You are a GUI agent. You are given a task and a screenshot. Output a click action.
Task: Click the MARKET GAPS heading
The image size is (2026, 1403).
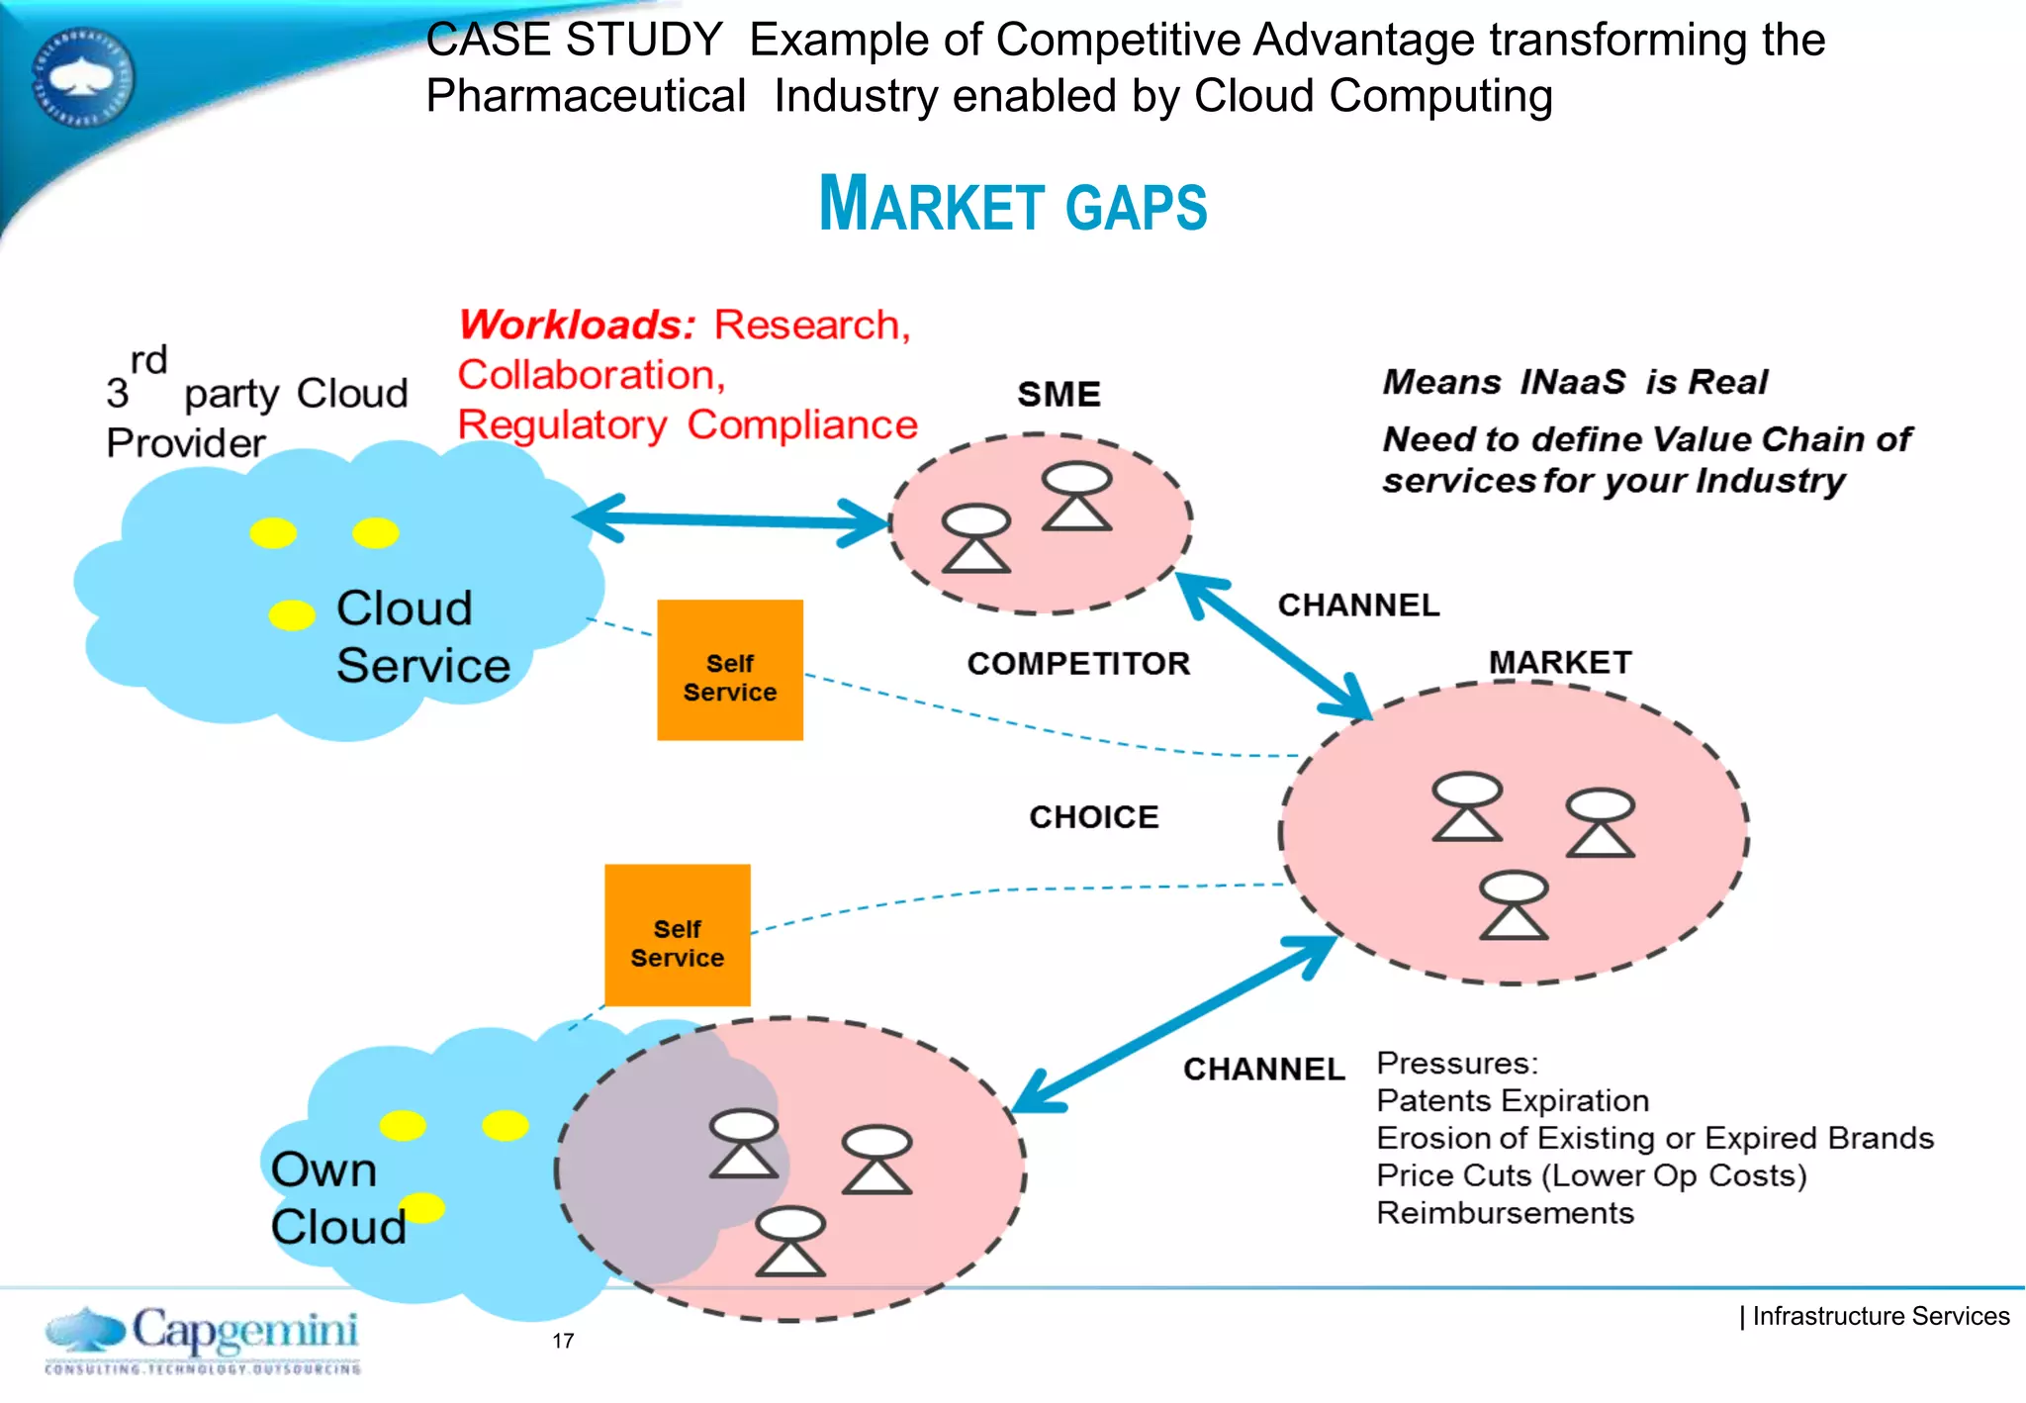(x=1013, y=205)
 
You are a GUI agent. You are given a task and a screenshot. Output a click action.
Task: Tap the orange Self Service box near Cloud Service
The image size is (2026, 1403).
(x=730, y=670)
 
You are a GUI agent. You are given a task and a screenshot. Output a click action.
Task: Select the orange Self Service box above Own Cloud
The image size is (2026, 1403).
(x=678, y=936)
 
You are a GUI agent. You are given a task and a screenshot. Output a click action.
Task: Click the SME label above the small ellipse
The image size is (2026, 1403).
(x=1059, y=395)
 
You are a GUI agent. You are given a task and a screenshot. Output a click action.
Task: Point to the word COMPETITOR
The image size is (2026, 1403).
(x=1078, y=664)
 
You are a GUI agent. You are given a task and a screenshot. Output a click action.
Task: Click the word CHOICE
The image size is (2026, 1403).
(x=1093, y=817)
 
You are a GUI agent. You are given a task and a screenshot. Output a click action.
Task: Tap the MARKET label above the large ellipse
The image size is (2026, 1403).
(x=1560, y=662)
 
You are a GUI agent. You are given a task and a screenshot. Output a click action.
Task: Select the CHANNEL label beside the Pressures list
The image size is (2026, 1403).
(x=1263, y=1070)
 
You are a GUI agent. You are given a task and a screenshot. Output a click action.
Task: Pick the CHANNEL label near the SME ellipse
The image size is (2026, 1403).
(x=1358, y=606)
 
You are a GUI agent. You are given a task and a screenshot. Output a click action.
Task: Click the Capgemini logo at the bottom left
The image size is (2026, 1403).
(x=203, y=1339)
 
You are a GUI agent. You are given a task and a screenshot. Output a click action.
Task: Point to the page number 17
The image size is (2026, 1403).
(x=563, y=1342)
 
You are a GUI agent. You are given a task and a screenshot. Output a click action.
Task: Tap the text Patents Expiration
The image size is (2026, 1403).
(x=1513, y=1101)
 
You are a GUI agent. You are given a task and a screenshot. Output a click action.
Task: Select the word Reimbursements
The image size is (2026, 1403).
(x=1505, y=1214)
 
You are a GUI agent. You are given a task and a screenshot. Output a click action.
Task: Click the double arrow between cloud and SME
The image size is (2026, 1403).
(x=732, y=520)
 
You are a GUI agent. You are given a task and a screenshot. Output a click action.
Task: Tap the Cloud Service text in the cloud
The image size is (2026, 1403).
(x=422, y=636)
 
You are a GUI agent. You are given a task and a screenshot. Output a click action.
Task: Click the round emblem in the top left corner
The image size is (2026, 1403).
(x=83, y=78)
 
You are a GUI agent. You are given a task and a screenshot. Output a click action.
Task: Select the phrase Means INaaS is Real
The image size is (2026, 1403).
(x=1574, y=382)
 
